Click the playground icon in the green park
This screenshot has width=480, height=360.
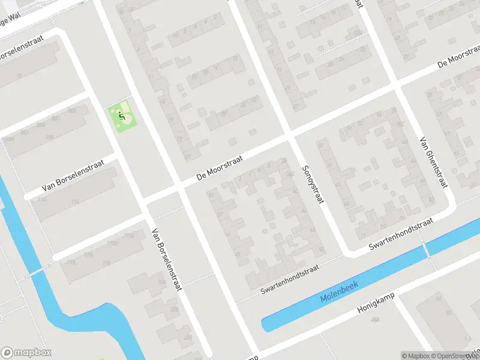(122, 115)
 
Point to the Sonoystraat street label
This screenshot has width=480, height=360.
(313, 185)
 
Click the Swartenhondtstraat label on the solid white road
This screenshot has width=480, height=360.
(401, 233)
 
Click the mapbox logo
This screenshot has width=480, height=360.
(26, 352)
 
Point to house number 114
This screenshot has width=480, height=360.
(75, 202)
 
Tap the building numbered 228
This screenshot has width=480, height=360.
(175, 310)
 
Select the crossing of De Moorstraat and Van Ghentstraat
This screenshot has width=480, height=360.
(396, 85)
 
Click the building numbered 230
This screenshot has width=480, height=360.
(188, 338)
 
